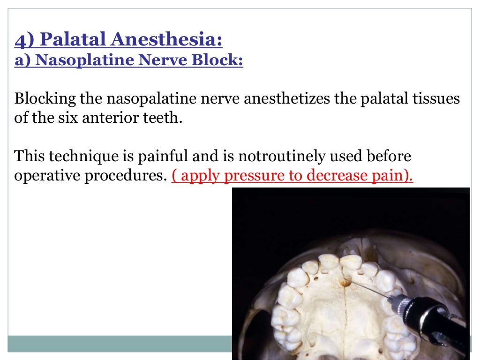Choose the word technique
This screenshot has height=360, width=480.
point(71,156)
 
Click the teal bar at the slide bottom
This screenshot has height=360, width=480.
point(117,343)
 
